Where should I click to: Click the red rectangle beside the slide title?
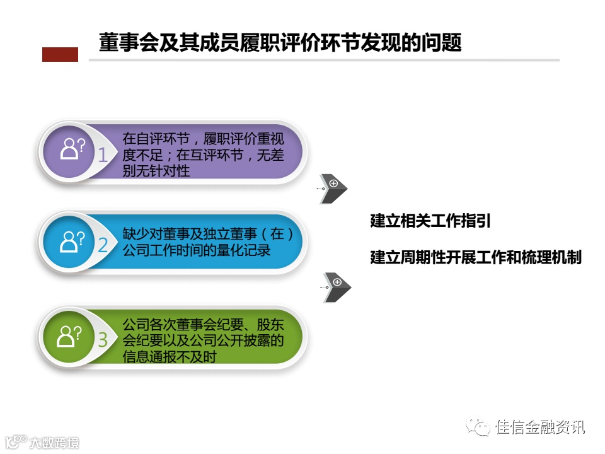click(x=60, y=55)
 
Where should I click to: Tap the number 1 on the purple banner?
click(x=103, y=154)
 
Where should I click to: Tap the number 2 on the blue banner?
click(x=103, y=245)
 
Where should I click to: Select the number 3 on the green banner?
click(x=103, y=339)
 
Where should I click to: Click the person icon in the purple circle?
click(x=71, y=149)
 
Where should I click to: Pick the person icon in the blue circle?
click(x=71, y=240)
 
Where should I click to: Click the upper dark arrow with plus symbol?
click(x=333, y=188)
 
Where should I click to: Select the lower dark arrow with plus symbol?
click(x=336, y=287)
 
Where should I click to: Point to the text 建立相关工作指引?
click(x=430, y=221)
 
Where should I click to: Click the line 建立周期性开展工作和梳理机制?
click(x=476, y=258)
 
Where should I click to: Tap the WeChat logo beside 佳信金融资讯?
click(x=478, y=427)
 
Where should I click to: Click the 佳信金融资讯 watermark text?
click(x=541, y=427)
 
